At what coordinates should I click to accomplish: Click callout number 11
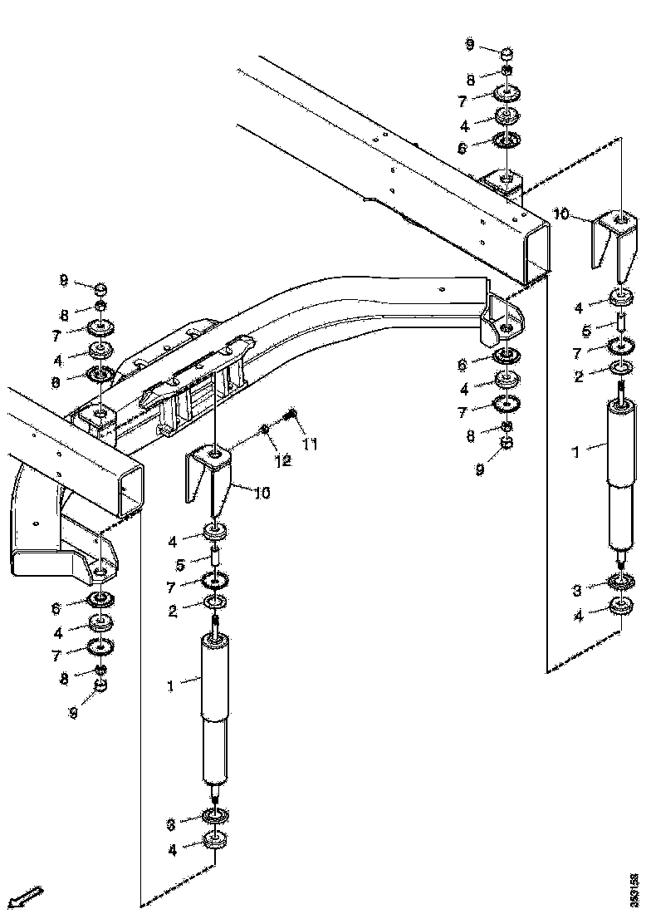tap(311, 444)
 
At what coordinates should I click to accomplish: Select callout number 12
tap(283, 460)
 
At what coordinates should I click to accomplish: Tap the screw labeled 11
tap(291, 413)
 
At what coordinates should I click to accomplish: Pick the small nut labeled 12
tap(263, 429)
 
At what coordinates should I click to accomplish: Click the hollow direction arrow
tap(24, 897)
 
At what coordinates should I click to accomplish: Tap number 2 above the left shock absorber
tap(173, 611)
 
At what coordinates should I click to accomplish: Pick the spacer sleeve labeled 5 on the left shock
tap(213, 555)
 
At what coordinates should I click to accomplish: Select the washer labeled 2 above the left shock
tap(214, 601)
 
